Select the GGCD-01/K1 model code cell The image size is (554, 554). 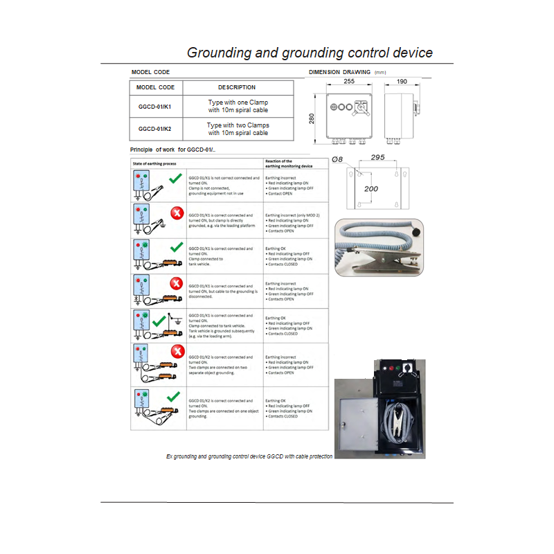tap(156, 107)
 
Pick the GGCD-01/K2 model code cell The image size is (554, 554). tap(156, 129)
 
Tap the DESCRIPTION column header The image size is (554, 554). tap(237, 87)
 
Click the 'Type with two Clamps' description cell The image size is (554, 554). tap(238, 129)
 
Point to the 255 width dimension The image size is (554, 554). tap(349, 82)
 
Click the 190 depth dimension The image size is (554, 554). tap(402, 82)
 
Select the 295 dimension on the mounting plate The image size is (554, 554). tap(377, 158)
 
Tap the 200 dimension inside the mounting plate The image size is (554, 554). tap(372, 188)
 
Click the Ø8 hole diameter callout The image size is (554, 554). tap(338, 159)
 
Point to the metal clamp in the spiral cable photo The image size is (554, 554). tap(384, 262)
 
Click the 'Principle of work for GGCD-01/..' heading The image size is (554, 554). tap(177, 150)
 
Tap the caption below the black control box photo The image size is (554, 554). tap(249, 456)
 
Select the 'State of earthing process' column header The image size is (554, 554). tap(154, 163)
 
